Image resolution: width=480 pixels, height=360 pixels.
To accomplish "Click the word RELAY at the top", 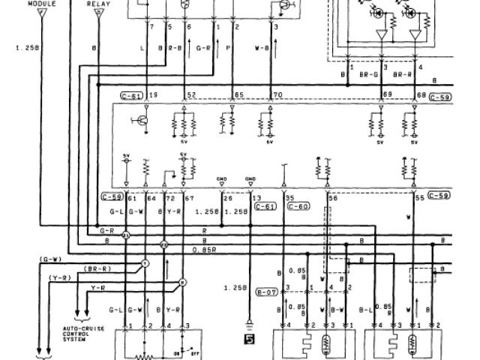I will (x=98, y=4).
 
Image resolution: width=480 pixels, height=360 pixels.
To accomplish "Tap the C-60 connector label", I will (x=298, y=205).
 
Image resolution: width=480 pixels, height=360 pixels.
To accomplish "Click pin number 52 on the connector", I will (x=192, y=95).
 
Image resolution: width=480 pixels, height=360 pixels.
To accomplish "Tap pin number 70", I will (x=279, y=95).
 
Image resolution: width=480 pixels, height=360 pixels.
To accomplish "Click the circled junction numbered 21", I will (x=126, y=235).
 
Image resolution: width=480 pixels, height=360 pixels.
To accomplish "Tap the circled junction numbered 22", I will (x=164, y=245).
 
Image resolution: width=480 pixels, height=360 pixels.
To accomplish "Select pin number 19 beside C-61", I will (x=154, y=95).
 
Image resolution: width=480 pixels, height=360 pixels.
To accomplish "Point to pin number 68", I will (x=420, y=95).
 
